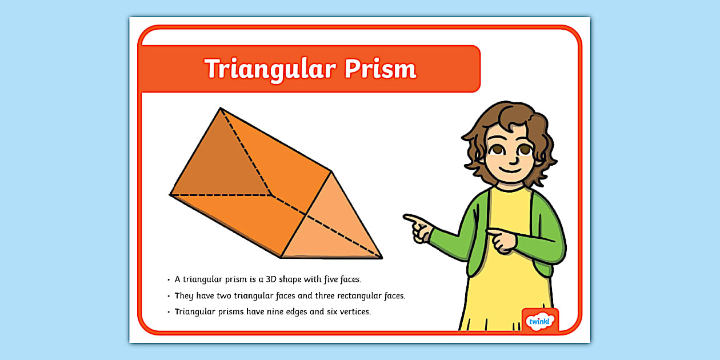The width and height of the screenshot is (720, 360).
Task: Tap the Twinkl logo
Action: click(539, 322)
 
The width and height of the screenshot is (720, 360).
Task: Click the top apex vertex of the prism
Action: click(221, 108)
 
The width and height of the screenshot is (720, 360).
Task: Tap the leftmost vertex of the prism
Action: click(170, 195)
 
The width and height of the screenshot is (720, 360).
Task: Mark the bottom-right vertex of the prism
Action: click(382, 258)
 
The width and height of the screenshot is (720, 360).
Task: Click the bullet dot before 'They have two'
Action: click(169, 297)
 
